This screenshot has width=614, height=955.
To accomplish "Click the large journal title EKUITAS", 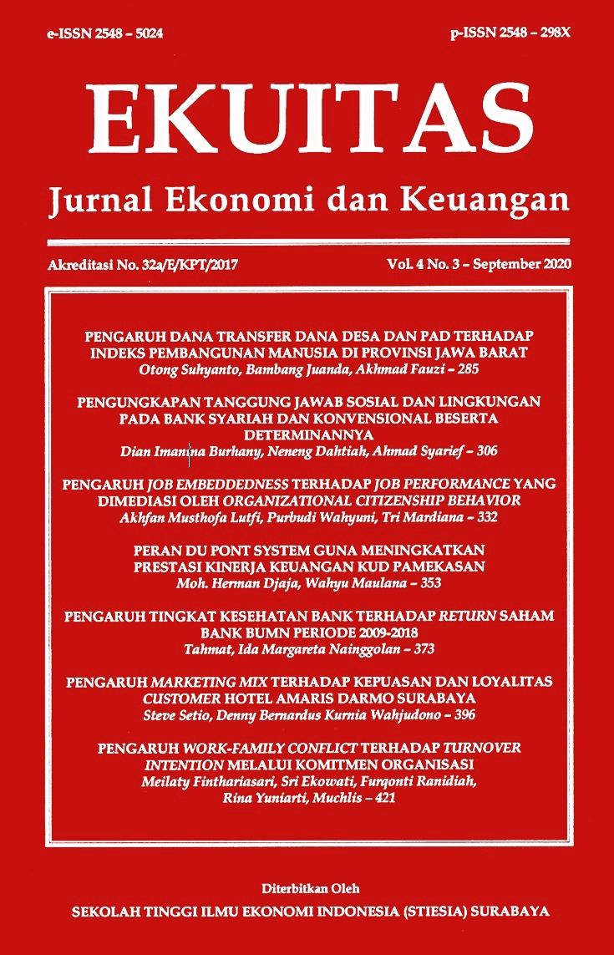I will tap(307, 117).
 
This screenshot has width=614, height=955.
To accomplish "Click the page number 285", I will tap(468, 367).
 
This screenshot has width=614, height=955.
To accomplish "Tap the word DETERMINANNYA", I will tap(307, 435).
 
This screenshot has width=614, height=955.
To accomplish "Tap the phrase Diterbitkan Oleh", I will tap(307, 888).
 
